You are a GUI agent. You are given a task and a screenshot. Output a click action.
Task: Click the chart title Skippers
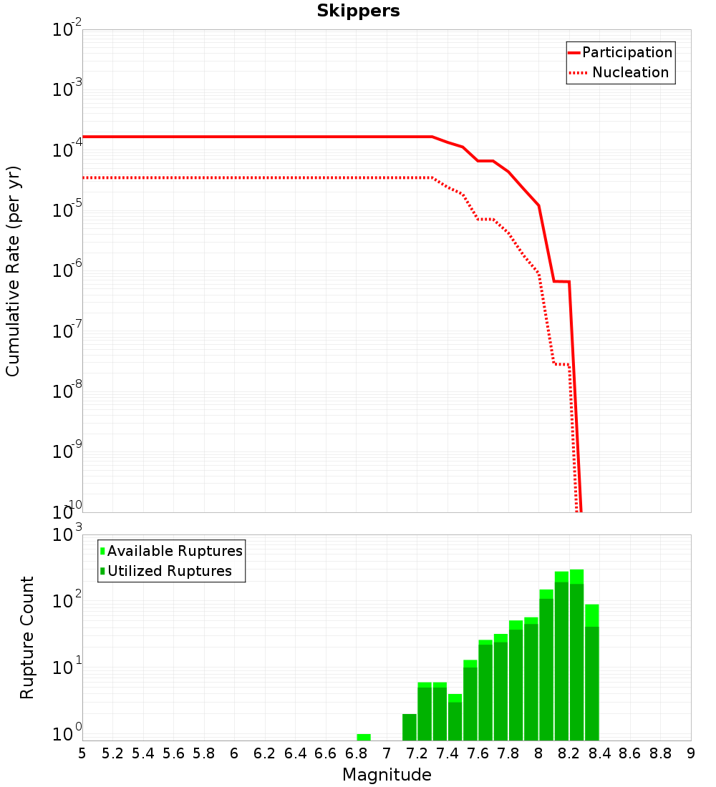click(x=358, y=11)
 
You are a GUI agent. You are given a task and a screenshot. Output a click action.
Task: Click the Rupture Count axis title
click(x=27, y=637)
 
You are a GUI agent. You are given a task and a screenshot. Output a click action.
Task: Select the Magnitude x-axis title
click(x=387, y=775)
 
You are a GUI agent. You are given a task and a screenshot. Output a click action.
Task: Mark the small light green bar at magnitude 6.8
click(x=364, y=737)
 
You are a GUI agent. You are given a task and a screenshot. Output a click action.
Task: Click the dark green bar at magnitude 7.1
click(x=410, y=727)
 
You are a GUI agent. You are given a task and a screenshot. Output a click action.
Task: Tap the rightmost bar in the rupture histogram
click(x=591, y=673)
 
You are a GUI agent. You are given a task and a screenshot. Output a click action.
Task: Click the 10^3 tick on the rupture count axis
click(x=69, y=535)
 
